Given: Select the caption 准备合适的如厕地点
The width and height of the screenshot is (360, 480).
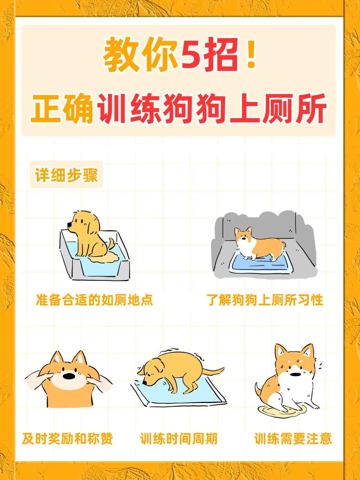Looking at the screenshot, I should pos(94,300).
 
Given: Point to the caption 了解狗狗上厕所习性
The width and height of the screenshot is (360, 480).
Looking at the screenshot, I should pos(265,300).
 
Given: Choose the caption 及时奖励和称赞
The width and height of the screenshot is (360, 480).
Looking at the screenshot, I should pos(67,438).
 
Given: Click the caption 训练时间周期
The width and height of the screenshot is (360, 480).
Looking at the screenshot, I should pos(179,438).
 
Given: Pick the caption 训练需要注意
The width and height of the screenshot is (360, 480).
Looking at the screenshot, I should pos(293,438).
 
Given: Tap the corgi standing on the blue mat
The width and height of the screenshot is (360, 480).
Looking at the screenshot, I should pos(259,243).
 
